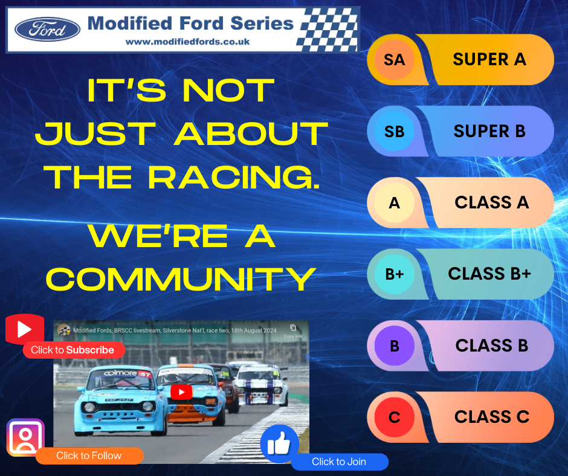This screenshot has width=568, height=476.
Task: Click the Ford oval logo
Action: pyautogui.click(x=47, y=29)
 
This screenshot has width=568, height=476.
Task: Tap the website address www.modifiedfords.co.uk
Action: pyautogui.click(x=187, y=42)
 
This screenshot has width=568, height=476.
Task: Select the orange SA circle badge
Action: pyautogui.click(x=394, y=59)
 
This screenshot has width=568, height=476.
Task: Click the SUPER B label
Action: pyautogui.click(x=489, y=131)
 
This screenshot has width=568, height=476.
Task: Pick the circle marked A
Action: pyautogui.click(x=394, y=203)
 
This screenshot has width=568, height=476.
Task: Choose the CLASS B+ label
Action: pyautogui.click(x=489, y=274)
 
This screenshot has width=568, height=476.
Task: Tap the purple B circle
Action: pyautogui.click(x=394, y=346)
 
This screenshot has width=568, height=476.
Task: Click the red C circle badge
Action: pyautogui.click(x=394, y=417)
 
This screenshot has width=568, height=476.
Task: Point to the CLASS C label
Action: pyautogui.click(x=491, y=417)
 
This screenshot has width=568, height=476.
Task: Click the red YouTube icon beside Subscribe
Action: pyautogui.click(x=25, y=330)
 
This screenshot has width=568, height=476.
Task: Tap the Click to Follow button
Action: pyautogui.click(x=89, y=455)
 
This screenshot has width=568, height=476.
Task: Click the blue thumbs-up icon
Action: pyautogui.click(x=279, y=445)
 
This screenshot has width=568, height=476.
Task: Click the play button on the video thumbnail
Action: pyautogui.click(x=181, y=392)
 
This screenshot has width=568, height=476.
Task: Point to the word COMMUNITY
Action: pyautogui.click(x=181, y=278)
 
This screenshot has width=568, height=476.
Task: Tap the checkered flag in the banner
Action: pyautogui.click(x=327, y=29)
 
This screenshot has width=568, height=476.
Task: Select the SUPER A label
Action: pyautogui.click(x=489, y=59)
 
